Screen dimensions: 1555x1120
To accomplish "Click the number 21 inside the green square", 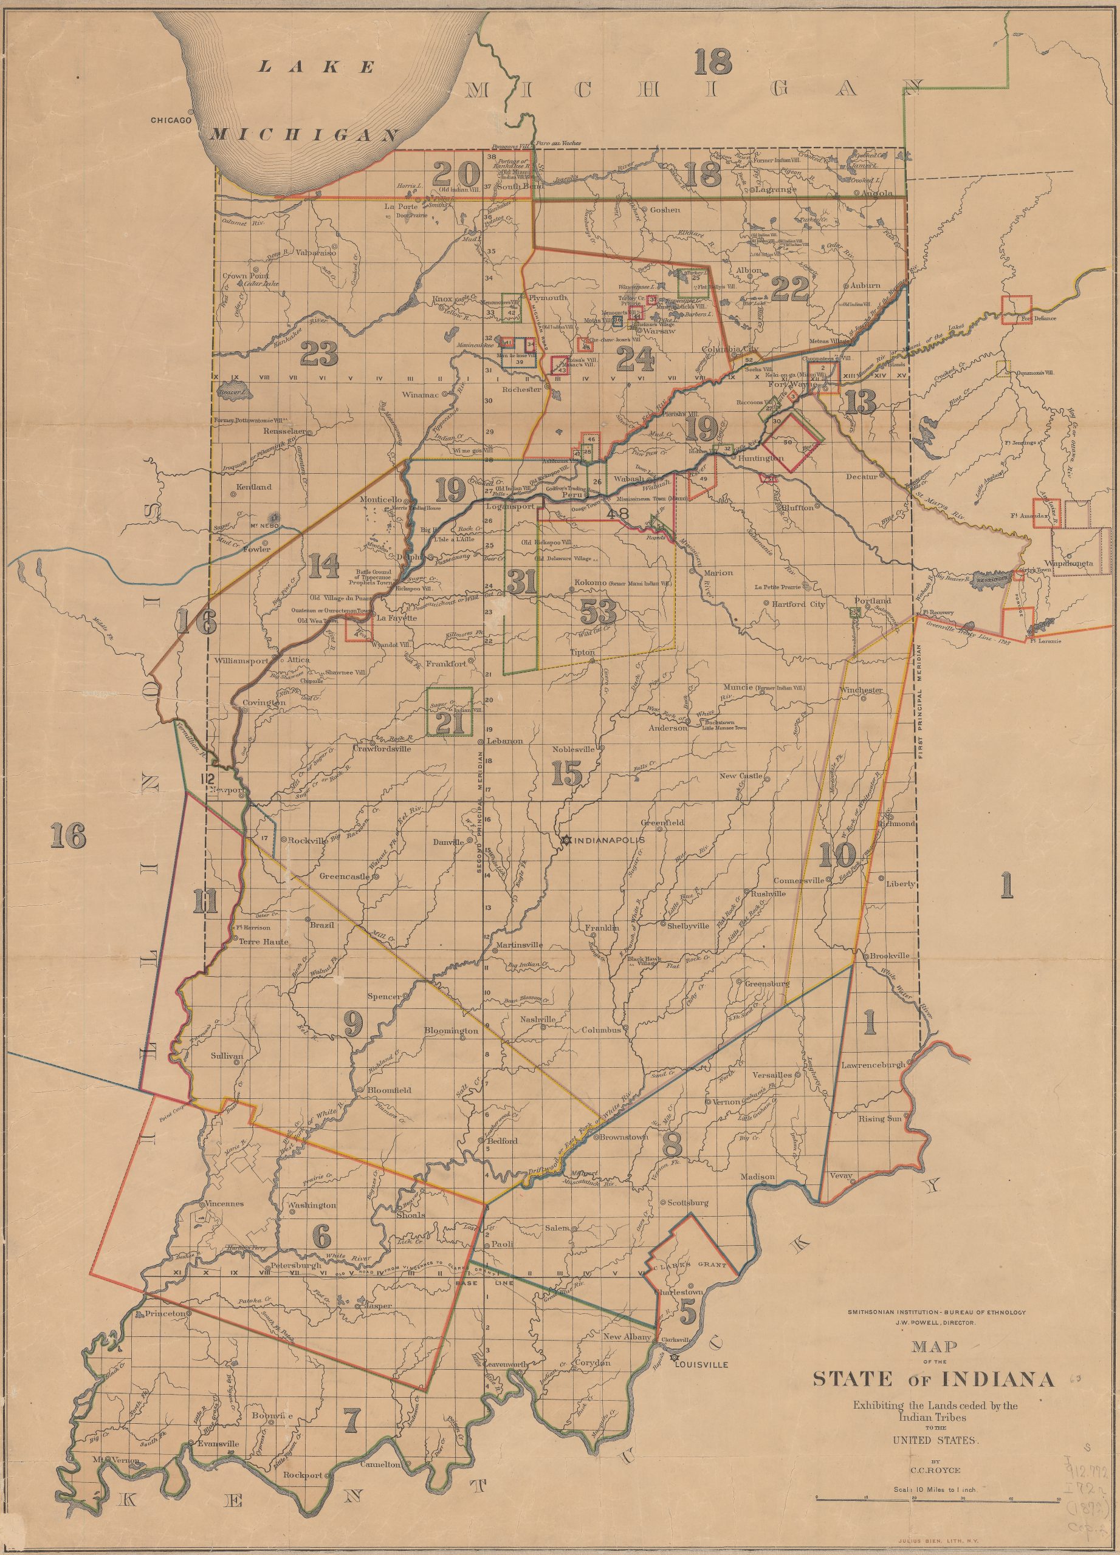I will pyautogui.click(x=448, y=724).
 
